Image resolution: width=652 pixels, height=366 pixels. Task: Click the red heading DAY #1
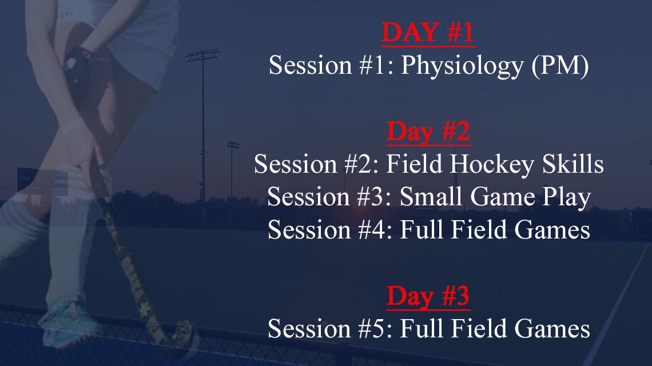pyautogui.click(x=428, y=32)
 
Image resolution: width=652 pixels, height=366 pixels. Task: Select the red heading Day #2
pyautogui.click(x=428, y=132)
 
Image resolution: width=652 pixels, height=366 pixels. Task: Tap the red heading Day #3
pyautogui.click(x=428, y=296)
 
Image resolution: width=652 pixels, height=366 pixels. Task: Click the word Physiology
pyautogui.click(x=462, y=66)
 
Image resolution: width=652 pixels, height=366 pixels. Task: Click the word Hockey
pyautogui.click(x=491, y=164)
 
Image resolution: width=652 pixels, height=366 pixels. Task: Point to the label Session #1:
pyautogui.click(x=331, y=65)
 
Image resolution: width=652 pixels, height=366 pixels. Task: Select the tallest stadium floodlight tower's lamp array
pyautogui.click(x=202, y=55)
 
